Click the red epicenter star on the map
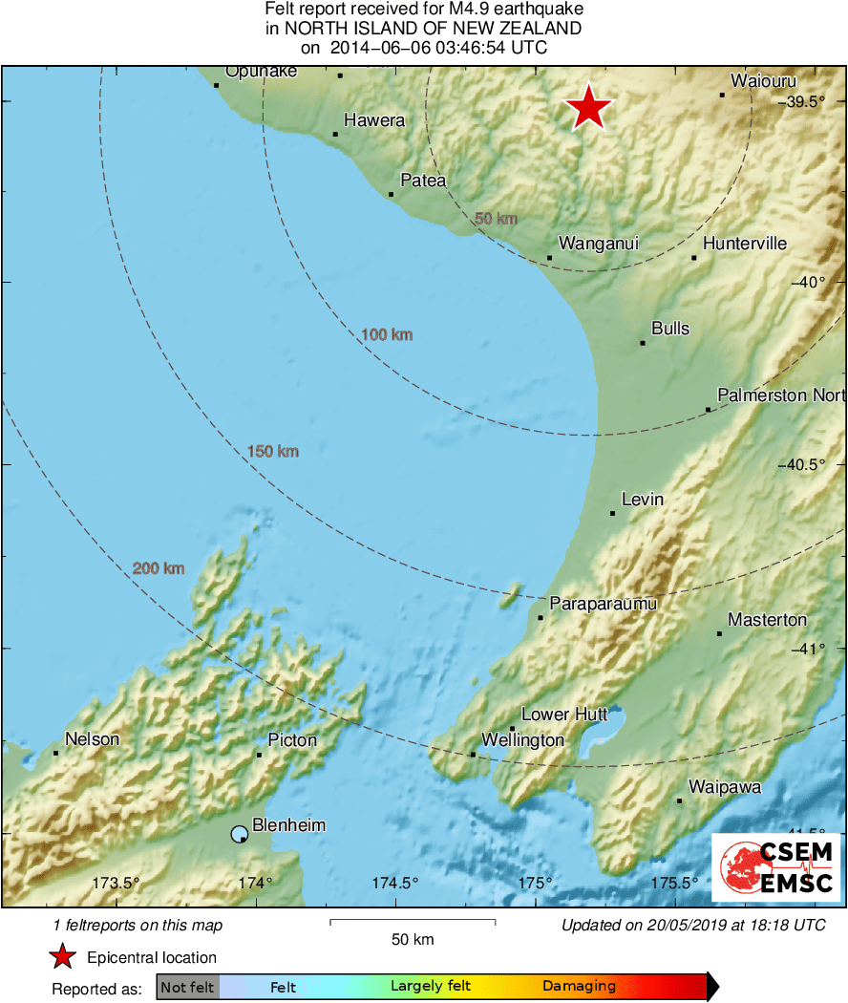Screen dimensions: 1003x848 (589, 107)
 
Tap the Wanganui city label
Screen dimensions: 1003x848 (598, 244)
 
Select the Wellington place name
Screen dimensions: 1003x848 (522, 740)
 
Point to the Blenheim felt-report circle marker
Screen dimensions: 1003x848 (239, 836)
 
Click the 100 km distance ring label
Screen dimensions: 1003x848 (387, 334)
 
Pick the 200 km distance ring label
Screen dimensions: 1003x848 (159, 569)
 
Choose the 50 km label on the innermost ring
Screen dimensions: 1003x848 (496, 219)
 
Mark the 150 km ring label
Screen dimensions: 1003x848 (272, 451)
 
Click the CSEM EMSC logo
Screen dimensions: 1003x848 (776, 868)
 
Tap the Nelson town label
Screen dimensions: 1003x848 (93, 739)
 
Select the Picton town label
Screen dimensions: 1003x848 (292, 740)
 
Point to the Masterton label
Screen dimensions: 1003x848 (767, 620)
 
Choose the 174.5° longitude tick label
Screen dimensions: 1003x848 (395, 883)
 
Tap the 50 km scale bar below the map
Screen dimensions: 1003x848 (413, 922)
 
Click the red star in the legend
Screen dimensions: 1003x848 (63, 957)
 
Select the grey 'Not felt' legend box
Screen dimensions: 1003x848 (187, 987)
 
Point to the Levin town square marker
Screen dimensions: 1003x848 (612, 514)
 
